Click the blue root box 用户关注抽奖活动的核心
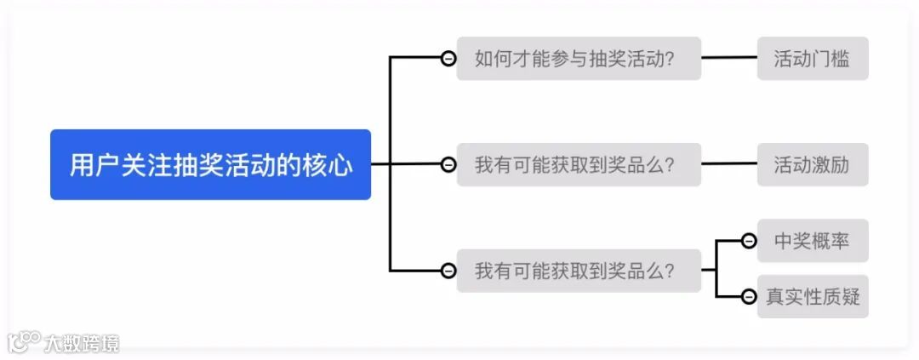[x=210, y=164]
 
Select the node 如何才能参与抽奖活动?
[x=579, y=59]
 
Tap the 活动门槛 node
[x=812, y=59]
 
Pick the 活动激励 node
[x=812, y=164]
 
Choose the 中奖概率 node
[x=812, y=241]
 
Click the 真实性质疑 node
[x=812, y=296]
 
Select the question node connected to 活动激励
[x=579, y=164]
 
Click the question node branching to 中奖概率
[x=579, y=271]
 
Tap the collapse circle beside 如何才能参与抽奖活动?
[x=448, y=59]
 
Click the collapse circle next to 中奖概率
[x=749, y=242]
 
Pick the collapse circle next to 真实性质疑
[x=749, y=296]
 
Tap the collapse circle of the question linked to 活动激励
[x=448, y=164]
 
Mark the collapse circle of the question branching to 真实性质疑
[x=448, y=271]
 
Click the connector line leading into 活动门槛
[x=729, y=59]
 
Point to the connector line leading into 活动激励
[x=729, y=164]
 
